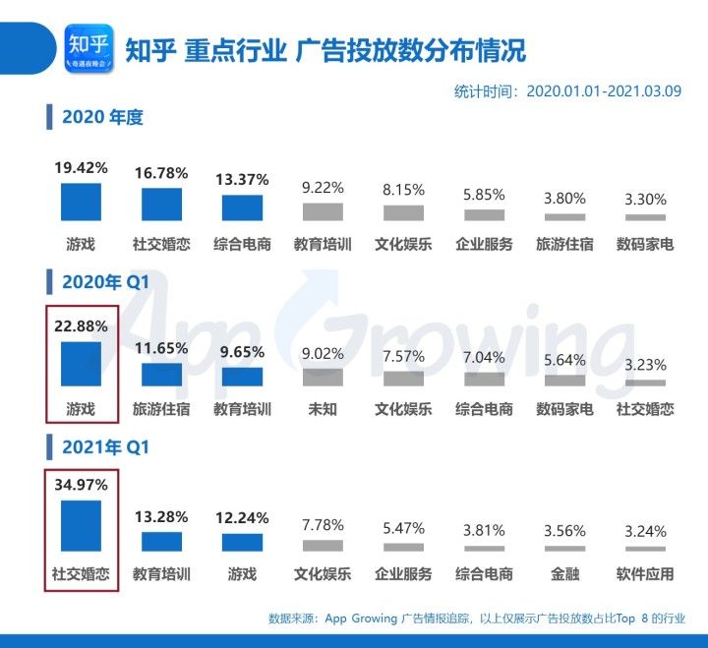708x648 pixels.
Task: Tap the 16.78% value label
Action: (x=161, y=173)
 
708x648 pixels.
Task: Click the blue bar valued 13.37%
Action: (x=242, y=207)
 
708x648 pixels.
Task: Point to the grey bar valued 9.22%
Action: (x=323, y=211)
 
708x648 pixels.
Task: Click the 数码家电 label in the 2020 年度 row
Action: (x=645, y=244)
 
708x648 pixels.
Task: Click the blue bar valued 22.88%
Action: (x=81, y=364)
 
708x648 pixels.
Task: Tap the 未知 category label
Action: (x=323, y=409)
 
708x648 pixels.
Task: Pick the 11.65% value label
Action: (x=161, y=347)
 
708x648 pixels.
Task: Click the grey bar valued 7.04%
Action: (x=484, y=379)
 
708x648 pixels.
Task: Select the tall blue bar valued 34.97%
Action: (x=81, y=526)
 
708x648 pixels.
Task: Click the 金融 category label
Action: (x=564, y=573)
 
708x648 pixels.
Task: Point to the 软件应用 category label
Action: (x=645, y=573)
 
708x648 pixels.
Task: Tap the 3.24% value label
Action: (x=645, y=532)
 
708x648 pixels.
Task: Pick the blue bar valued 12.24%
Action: (x=242, y=542)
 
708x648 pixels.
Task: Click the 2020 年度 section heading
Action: (x=101, y=118)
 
